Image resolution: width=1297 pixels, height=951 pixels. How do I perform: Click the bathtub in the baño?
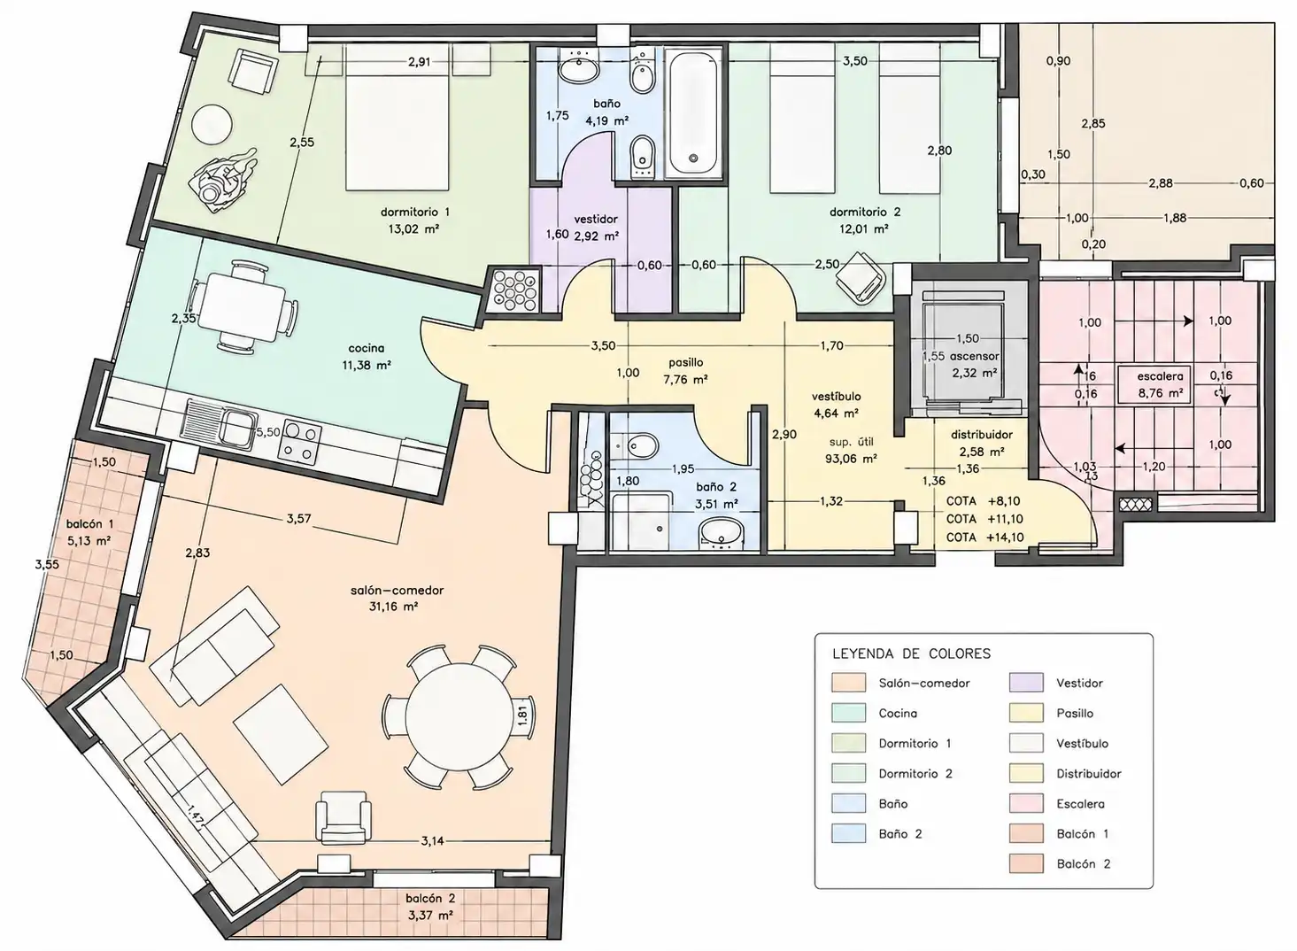(x=693, y=112)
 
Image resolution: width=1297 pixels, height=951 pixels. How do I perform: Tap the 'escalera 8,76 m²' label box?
(x=1160, y=384)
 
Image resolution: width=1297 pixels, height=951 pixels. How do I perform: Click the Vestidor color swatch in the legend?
(x=1026, y=683)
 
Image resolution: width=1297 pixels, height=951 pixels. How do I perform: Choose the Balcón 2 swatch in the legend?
(x=1026, y=863)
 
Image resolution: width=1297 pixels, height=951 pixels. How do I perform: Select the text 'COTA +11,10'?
(x=984, y=519)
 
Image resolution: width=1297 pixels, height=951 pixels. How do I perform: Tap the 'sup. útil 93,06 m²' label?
(x=851, y=451)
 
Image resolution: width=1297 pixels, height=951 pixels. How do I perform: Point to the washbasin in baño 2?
(x=722, y=532)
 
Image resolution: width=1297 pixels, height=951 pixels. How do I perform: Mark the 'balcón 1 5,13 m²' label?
(x=89, y=532)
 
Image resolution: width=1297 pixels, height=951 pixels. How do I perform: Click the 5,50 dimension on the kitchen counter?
(x=268, y=433)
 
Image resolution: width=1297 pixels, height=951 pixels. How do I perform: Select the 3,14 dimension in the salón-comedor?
(x=432, y=841)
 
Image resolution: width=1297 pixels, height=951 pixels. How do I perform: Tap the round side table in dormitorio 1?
(x=212, y=125)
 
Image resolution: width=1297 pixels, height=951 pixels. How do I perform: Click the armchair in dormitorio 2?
(x=861, y=279)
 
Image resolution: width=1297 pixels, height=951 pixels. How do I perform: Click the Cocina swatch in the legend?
(x=849, y=713)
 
